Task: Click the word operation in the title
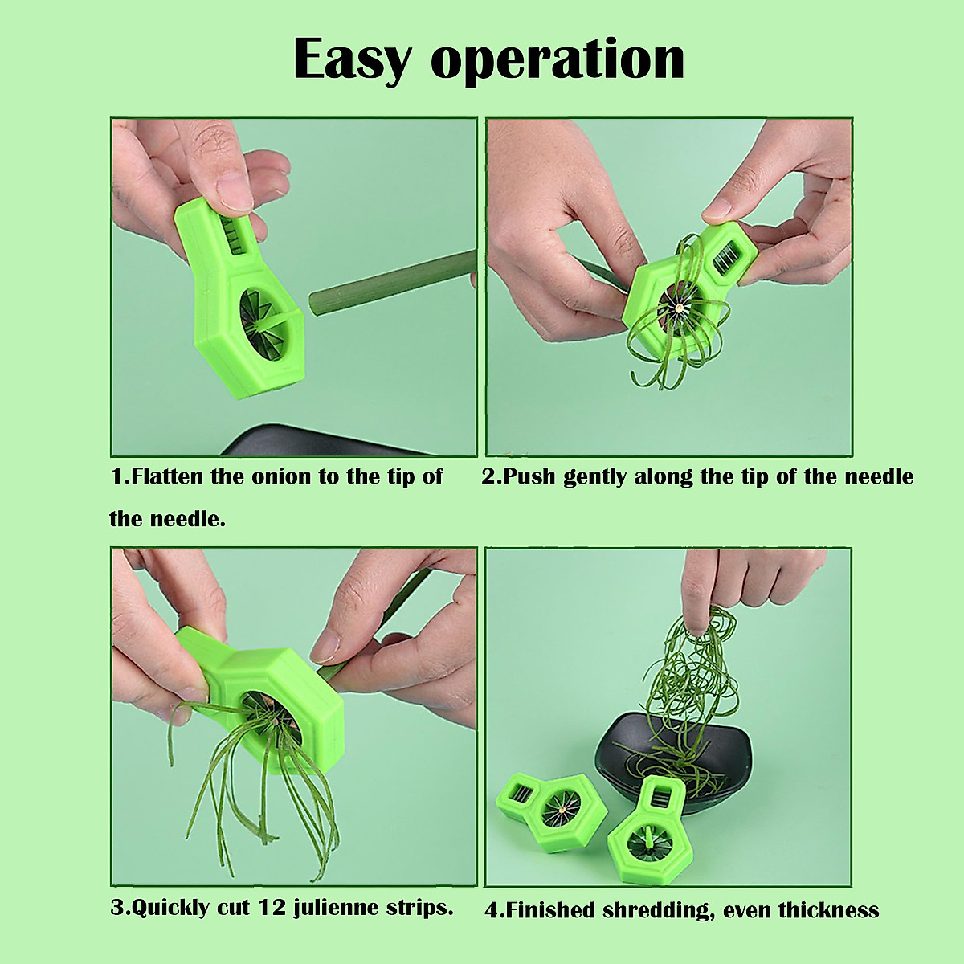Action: (x=559, y=61)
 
